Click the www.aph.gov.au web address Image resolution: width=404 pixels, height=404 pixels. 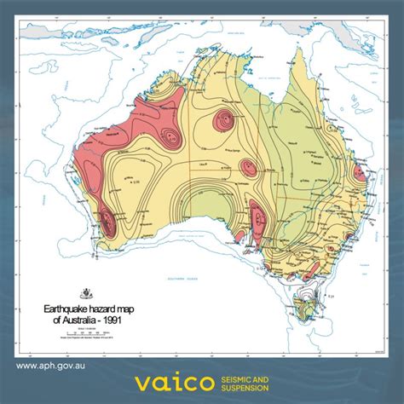point(52,366)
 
